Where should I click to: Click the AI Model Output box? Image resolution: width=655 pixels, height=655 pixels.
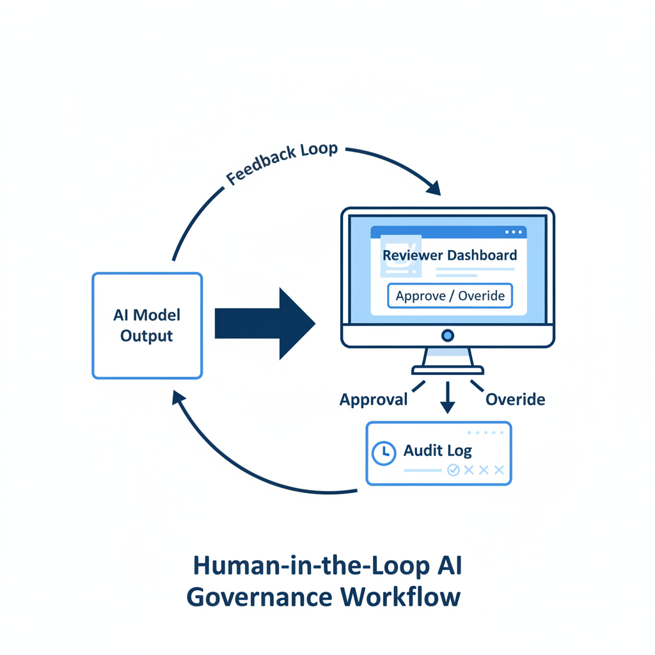[147, 326]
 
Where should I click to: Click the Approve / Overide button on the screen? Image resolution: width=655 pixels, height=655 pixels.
[450, 296]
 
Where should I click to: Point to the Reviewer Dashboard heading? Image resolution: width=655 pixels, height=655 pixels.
[450, 255]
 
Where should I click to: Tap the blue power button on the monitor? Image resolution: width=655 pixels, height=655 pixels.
[448, 335]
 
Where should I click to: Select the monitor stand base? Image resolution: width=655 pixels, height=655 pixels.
[448, 370]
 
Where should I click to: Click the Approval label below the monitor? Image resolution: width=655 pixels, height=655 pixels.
[374, 400]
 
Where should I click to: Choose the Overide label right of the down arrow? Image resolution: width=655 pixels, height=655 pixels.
[515, 400]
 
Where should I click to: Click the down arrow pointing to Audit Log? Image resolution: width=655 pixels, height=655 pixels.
[448, 399]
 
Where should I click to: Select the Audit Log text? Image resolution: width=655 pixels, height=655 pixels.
[438, 450]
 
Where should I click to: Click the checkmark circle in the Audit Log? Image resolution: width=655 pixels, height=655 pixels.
[454, 470]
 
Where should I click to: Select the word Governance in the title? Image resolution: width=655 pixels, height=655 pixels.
[259, 597]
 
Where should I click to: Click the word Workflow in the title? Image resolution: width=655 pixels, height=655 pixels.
[400, 597]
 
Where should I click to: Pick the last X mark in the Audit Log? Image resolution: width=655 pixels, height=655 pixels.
[499, 470]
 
